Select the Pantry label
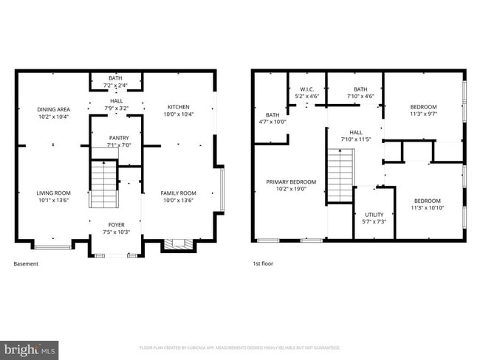(118, 138)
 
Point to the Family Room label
(178, 193)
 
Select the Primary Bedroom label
(291, 182)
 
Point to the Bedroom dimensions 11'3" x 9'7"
(424, 114)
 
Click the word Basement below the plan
(25, 264)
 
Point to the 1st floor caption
(262, 264)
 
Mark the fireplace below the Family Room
(175, 244)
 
